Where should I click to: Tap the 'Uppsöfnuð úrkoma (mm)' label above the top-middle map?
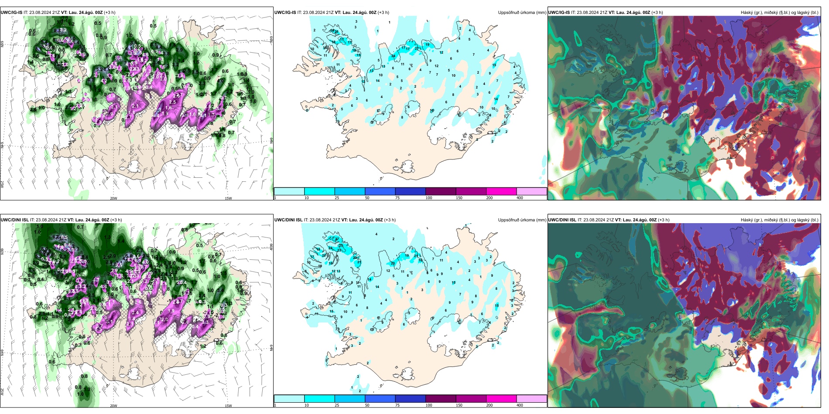[x=522, y=13]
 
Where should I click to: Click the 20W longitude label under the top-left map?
[x=113, y=198]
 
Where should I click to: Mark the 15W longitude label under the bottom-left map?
[x=228, y=406]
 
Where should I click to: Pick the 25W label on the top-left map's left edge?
[x=2, y=184]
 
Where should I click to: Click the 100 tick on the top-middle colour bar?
[x=429, y=198]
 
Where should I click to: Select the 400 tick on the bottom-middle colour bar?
[x=520, y=405]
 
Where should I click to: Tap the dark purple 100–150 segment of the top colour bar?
[x=441, y=191]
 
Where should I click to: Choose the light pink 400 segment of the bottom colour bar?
[x=531, y=399]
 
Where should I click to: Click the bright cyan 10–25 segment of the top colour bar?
[x=319, y=191]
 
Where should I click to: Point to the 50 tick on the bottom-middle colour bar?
[x=367, y=405]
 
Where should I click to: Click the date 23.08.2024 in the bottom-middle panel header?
[x=323, y=220]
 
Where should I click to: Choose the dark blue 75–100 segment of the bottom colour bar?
[x=410, y=399]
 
